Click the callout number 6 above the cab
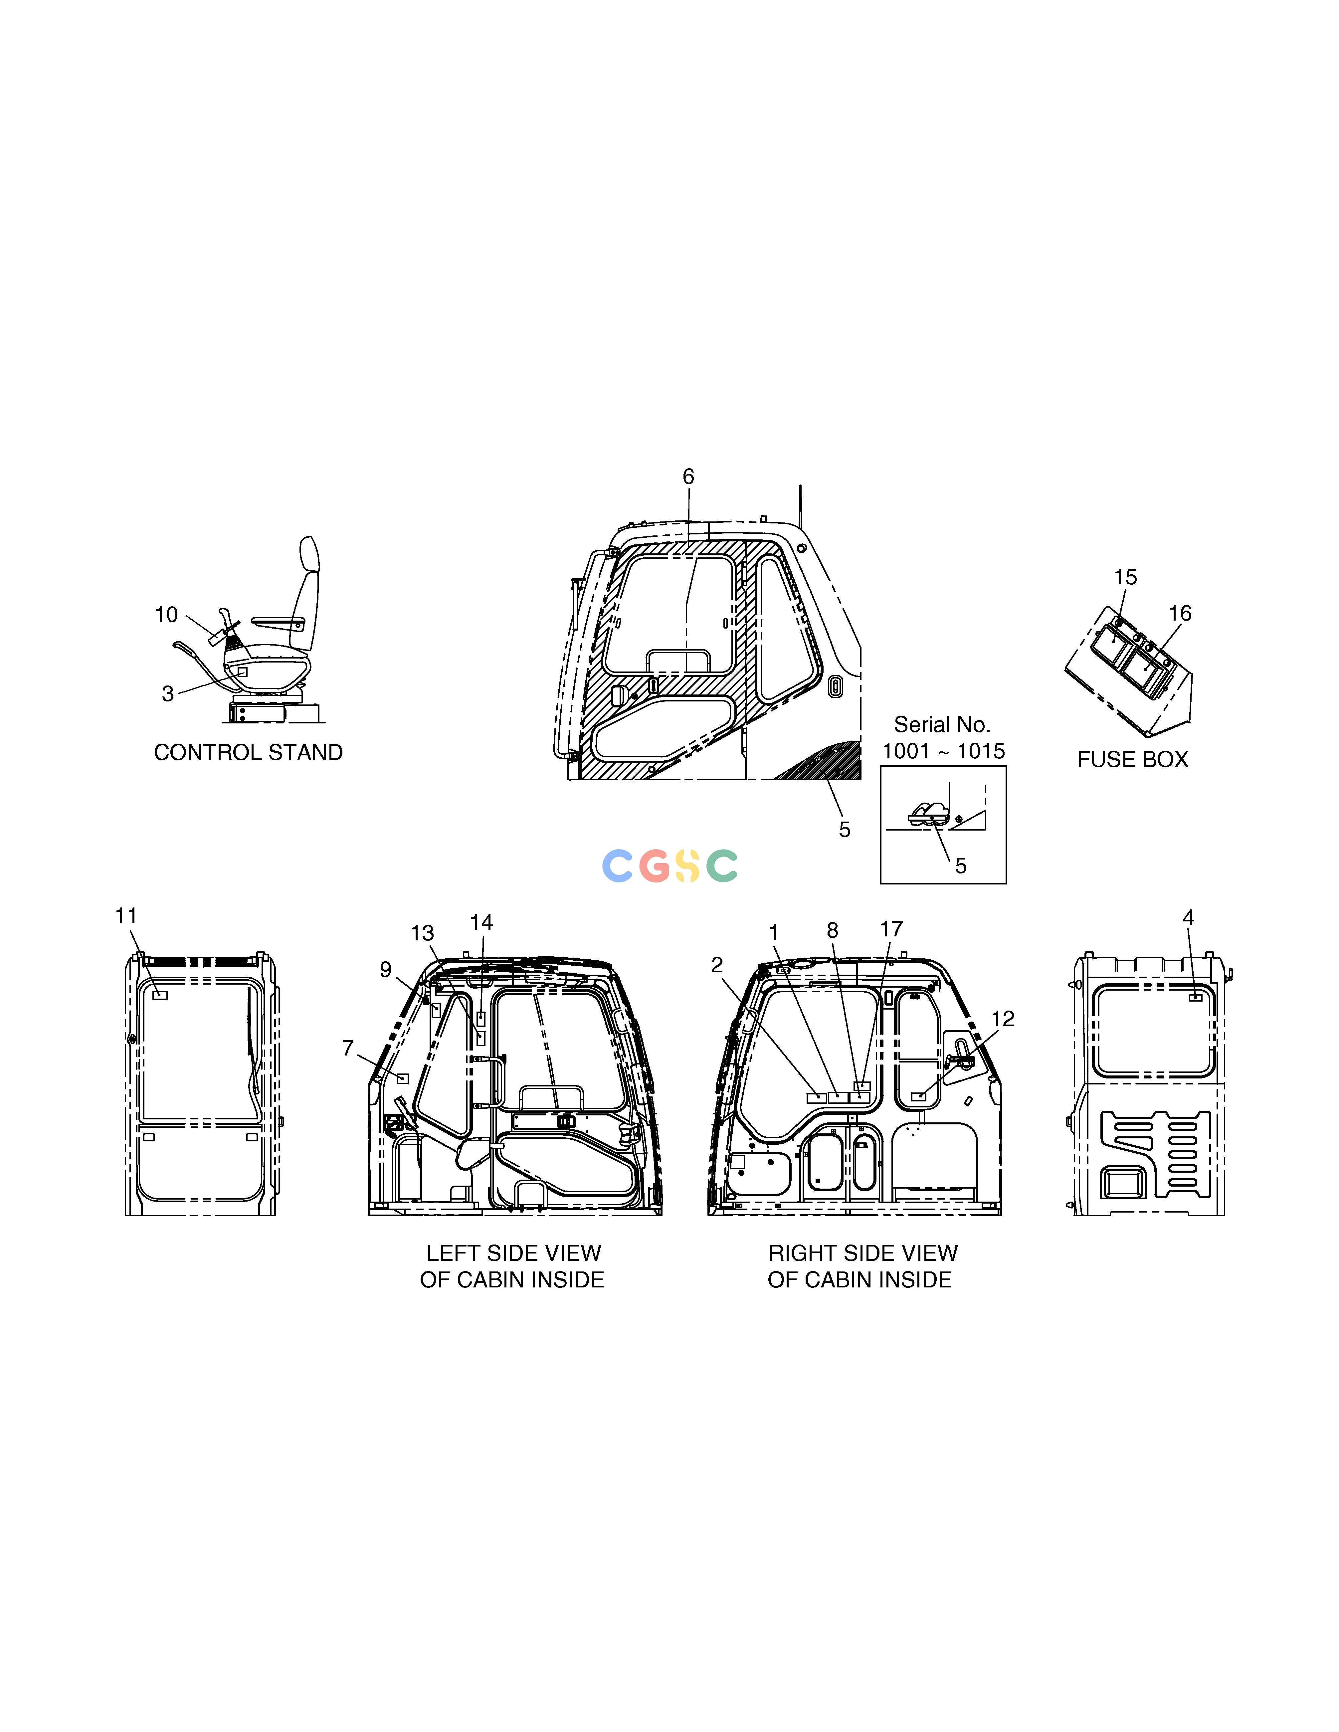(688, 477)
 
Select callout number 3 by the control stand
(167, 694)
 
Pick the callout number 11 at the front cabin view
(126, 916)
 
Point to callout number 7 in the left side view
(347, 1049)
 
